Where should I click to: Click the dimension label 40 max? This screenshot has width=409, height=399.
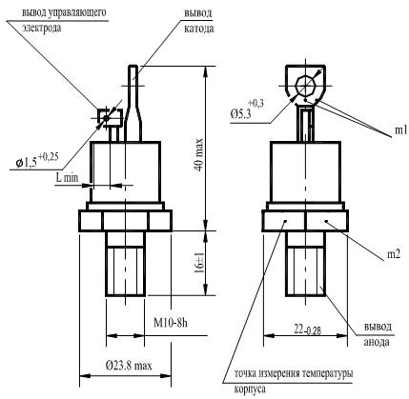click(199, 154)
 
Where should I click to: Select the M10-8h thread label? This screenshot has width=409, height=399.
click(171, 323)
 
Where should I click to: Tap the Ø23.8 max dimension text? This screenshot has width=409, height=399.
click(129, 366)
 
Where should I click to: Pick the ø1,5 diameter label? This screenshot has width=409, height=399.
click(27, 163)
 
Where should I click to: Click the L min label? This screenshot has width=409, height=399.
click(67, 177)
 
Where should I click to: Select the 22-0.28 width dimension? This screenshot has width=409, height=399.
click(307, 330)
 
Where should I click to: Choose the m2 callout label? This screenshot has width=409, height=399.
click(393, 254)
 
